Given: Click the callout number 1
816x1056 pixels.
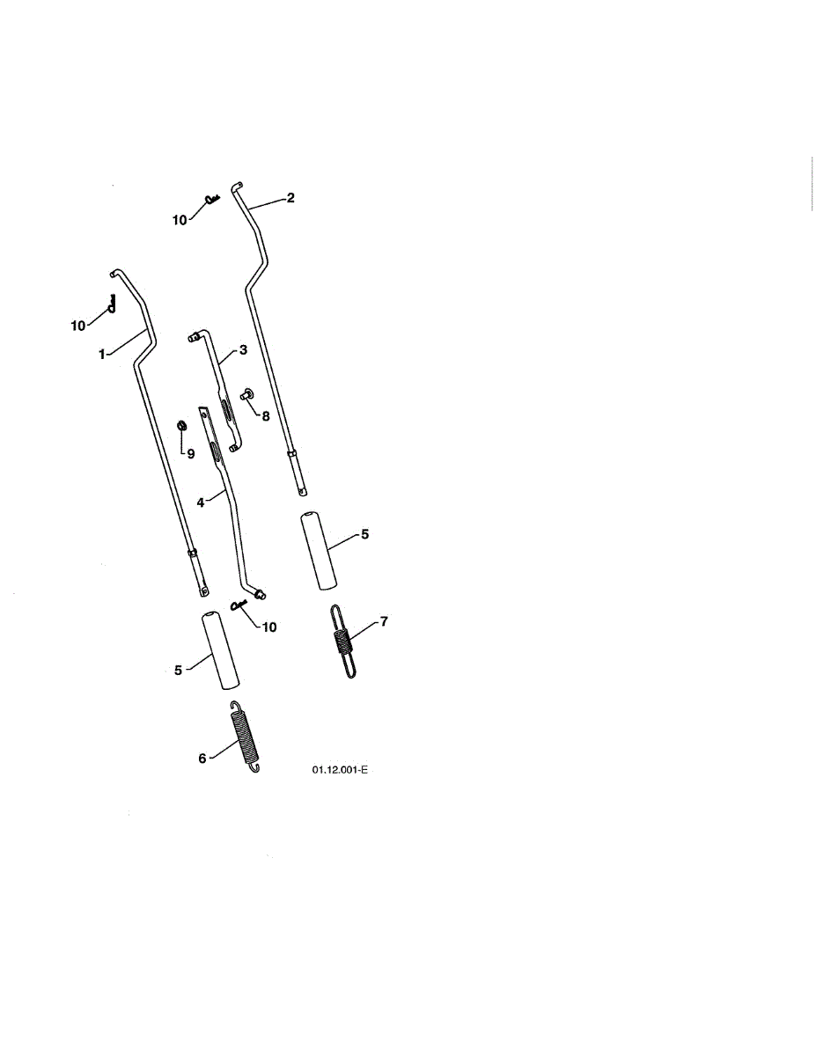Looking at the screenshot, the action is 102,354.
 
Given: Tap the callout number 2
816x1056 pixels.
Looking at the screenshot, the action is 291,198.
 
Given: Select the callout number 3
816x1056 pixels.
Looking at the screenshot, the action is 242,349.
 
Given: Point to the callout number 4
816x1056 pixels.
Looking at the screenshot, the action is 201,502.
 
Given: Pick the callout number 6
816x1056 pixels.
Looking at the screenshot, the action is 202,758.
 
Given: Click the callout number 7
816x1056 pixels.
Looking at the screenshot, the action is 384,622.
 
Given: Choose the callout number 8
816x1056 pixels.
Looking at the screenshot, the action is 265,415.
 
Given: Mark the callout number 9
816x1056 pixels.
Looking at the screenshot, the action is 189,453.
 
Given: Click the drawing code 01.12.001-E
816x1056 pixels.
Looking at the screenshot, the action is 339,770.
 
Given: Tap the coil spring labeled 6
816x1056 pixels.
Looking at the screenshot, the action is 246,737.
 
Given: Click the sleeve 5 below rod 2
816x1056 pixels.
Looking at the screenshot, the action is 319,553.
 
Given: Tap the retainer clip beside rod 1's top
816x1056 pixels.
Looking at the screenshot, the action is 112,302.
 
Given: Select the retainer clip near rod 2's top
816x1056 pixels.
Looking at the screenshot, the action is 211,200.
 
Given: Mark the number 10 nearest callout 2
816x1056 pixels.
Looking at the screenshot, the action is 180,220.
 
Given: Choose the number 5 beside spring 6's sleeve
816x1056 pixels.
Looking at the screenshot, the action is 178,670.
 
